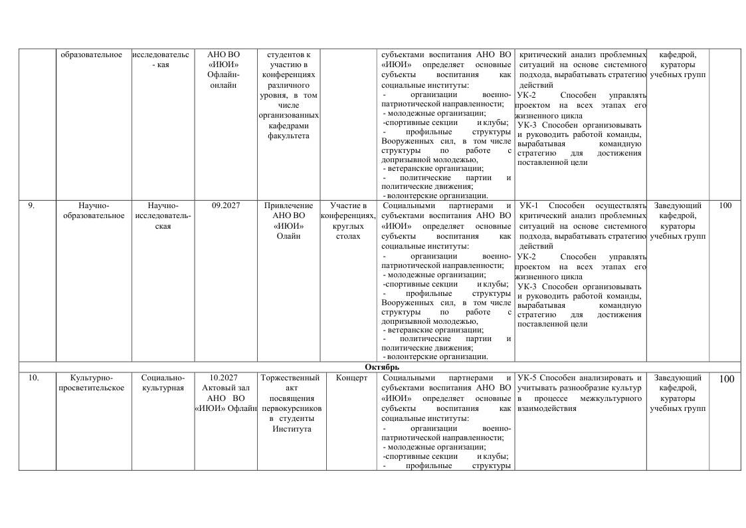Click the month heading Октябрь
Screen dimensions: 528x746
[381, 367]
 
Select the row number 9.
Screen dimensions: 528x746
[31, 205]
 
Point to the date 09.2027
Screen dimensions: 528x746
[226, 205]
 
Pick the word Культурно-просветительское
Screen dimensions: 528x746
[92, 383]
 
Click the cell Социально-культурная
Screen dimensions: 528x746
[163, 383]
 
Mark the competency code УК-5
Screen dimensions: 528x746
[528, 378]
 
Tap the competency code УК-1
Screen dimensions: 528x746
[528, 205]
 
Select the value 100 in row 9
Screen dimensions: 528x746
[725, 205]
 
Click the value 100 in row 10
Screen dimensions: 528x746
[726, 379]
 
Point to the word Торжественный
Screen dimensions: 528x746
[292, 378]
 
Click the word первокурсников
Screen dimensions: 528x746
[292, 408]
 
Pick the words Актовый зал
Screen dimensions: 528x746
[225, 388]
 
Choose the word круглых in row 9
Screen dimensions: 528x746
[348, 225]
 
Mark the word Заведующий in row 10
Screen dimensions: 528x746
[678, 378]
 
